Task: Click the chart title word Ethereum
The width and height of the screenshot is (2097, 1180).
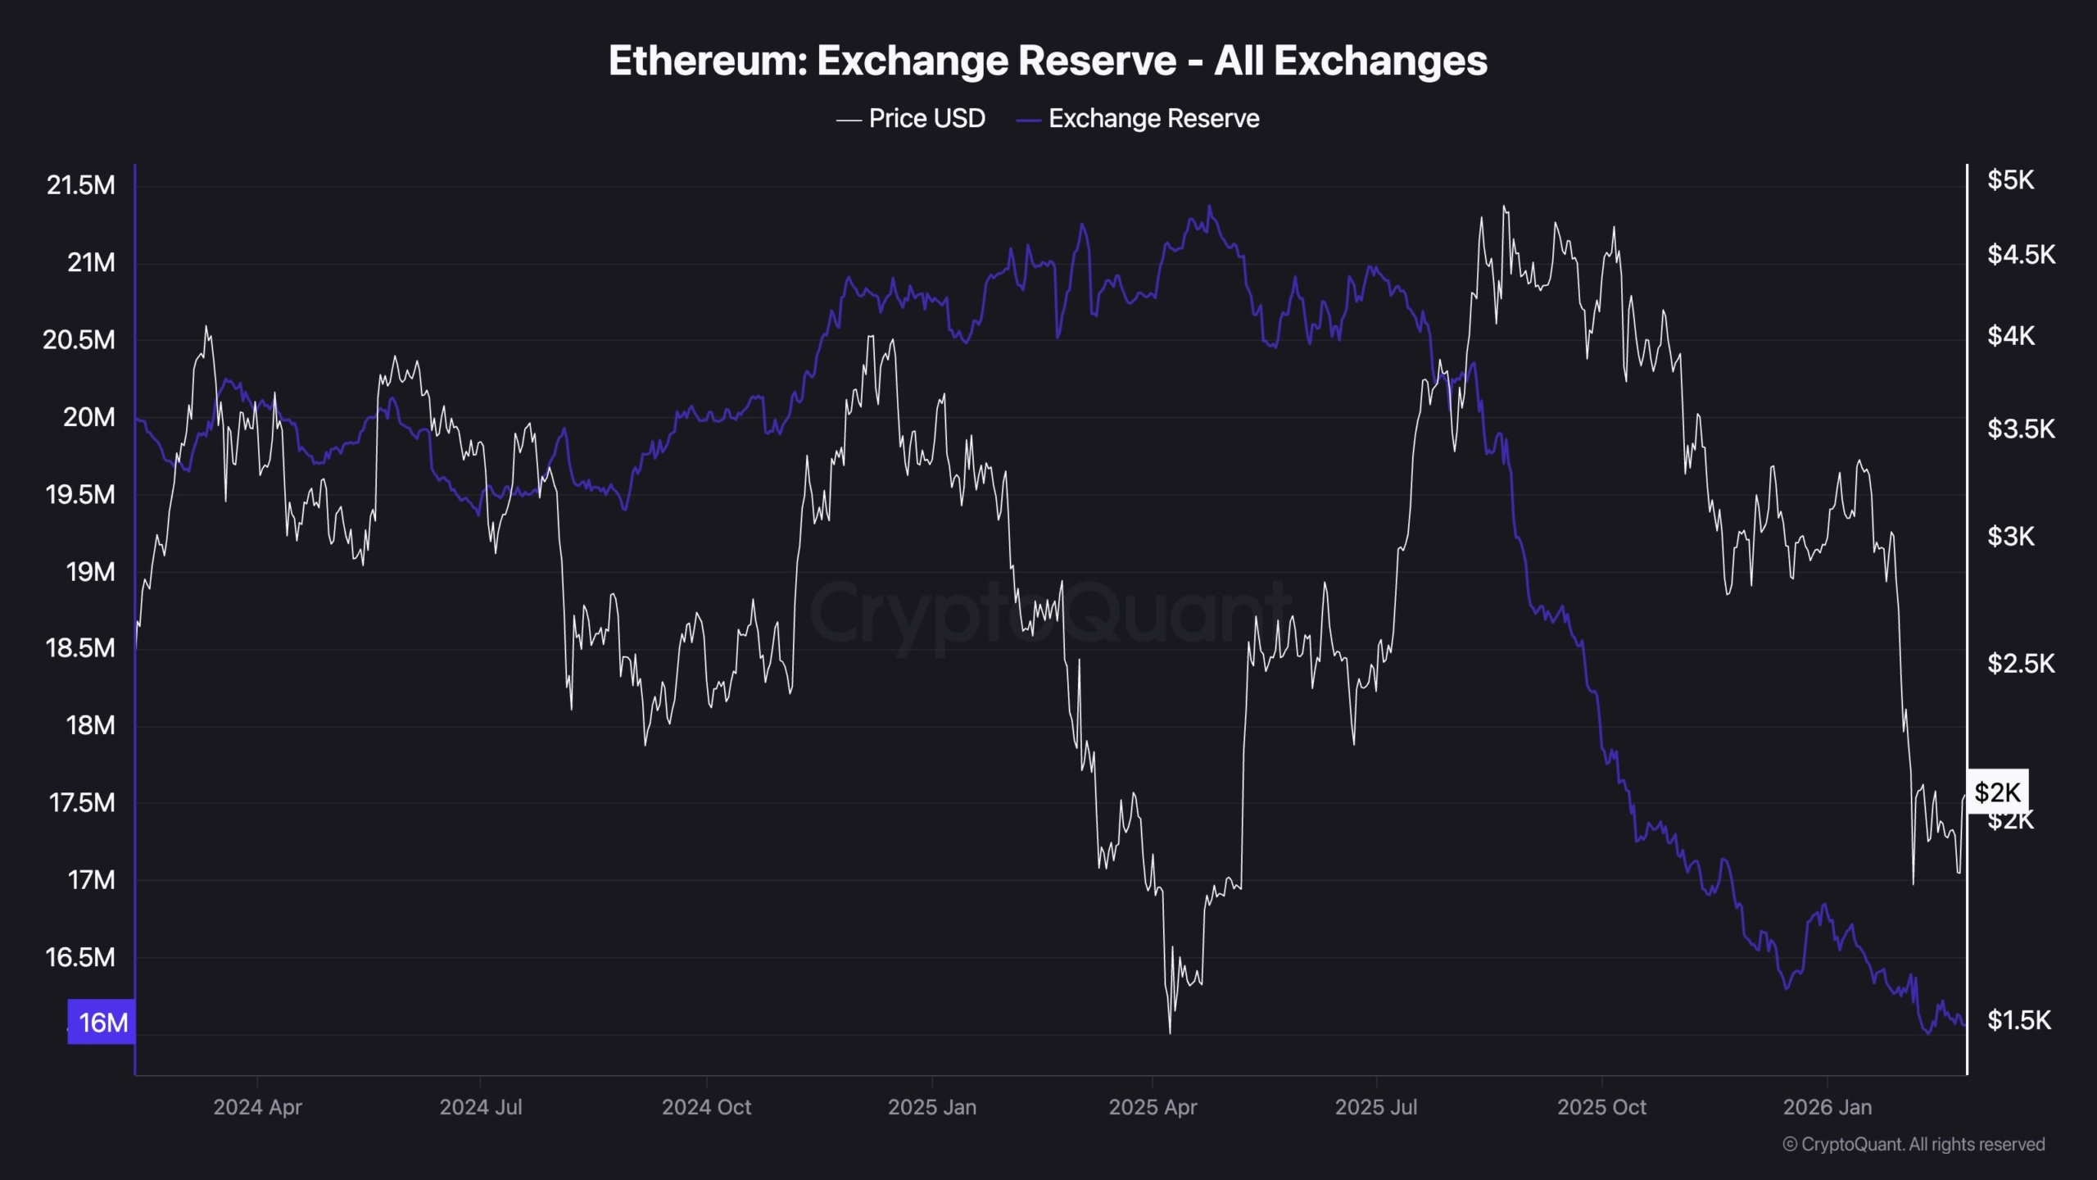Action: pos(708,61)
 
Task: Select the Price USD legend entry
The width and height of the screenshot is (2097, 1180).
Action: pos(926,119)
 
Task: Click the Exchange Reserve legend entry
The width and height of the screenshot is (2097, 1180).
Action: pos(1153,119)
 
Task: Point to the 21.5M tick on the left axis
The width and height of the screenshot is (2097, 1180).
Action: pos(80,185)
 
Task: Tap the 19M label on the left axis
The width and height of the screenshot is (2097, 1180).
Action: pos(90,571)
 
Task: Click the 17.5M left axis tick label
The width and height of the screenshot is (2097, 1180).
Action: pos(82,802)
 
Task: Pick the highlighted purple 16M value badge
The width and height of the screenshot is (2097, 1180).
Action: pos(102,1022)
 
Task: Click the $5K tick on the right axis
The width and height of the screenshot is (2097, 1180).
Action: pos(2010,180)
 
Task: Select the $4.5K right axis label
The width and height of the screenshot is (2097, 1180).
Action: pos(2021,255)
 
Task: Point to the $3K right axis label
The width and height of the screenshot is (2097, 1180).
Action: pos(2010,536)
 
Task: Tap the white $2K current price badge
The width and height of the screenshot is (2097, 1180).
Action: pos(1998,792)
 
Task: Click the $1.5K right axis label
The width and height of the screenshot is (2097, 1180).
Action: pos(2019,1020)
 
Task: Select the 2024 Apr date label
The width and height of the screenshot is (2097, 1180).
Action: pos(257,1107)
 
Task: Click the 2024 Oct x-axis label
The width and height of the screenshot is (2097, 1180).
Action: pos(706,1107)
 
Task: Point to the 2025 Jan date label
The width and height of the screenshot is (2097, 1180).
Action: pos(932,1107)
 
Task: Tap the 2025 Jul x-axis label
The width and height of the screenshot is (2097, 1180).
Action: pos(1376,1107)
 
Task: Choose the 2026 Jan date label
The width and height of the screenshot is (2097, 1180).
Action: pos(1828,1107)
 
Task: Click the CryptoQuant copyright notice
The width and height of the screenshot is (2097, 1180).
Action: pos(1914,1145)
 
